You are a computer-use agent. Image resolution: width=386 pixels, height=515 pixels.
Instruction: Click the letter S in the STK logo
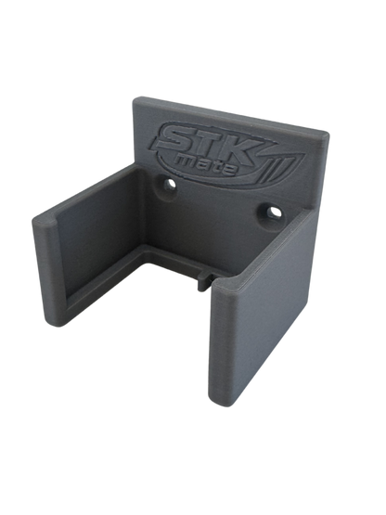[174, 137]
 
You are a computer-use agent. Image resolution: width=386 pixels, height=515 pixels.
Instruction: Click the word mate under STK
[206, 163]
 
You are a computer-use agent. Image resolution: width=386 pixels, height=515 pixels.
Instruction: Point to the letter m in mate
[187, 160]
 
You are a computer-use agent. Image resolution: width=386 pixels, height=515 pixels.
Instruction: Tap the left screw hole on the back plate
[170, 185]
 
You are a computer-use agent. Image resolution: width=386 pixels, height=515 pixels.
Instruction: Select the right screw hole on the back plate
[272, 212]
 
